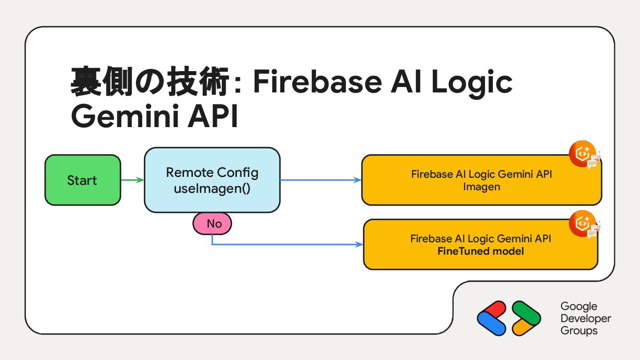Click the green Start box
click(x=83, y=180)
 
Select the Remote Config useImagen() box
click(x=212, y=180)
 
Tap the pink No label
click(x=212, y=224)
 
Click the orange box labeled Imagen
click(x=481, y=180)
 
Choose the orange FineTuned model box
click(x=480, y=245)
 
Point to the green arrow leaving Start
click(x=132, y=180)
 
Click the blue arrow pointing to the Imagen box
click(x=320, y=180)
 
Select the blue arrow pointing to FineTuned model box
click(x=284, y=244)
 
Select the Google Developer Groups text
click(x=585, y=318)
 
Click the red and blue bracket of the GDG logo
click(x=492, y=318)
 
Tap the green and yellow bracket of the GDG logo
click(x=526, y=318)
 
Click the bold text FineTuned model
click(x=480, y=252)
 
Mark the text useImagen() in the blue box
click(x=212, y=188)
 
